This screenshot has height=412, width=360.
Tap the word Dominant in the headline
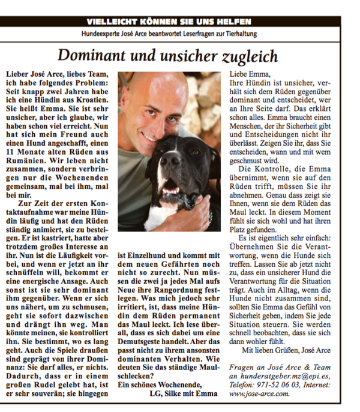[x=89, y=56]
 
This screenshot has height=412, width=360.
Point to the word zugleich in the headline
[x=250, y=56]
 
